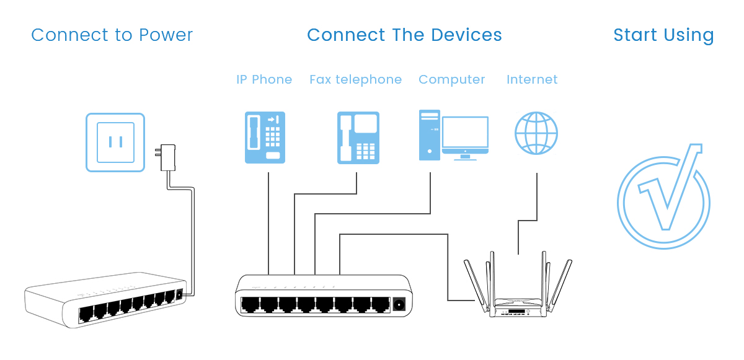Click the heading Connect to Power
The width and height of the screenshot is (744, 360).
(112, 35)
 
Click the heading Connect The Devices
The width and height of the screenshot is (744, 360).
(404, 35)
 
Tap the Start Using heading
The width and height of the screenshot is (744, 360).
(663, 35)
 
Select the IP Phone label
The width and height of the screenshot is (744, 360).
(264, 80)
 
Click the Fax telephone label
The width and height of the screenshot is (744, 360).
(355, 80)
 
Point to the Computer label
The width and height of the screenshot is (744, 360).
(451, 80)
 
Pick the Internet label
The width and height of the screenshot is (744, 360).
(532, 80)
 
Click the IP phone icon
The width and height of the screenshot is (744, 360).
(265, 138)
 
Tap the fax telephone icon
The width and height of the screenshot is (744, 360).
(358, 138)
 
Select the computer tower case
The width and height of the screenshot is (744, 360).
(429, 135)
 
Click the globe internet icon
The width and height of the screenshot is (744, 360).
(536, 133)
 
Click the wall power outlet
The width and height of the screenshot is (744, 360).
(115, 142)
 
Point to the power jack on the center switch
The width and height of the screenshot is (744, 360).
(399, 304)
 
